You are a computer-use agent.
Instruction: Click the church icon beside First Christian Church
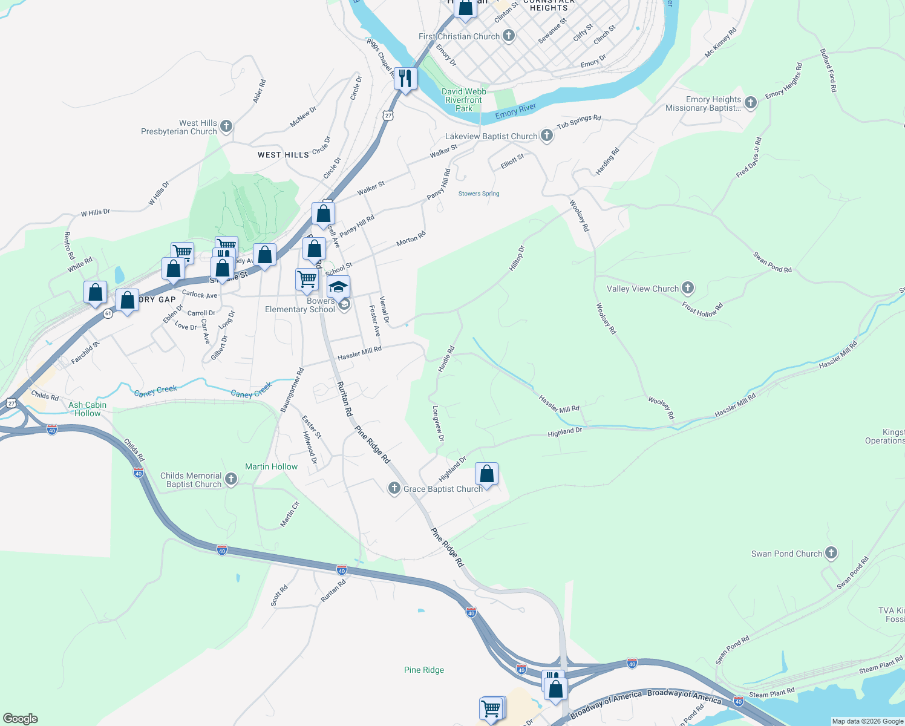coord(509,36)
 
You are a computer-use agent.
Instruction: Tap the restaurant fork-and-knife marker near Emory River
coord(405,79)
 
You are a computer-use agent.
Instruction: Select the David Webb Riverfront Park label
coord(464,100)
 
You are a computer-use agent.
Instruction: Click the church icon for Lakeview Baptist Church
coord(546,136)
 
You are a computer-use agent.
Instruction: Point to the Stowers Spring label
coord(479,194)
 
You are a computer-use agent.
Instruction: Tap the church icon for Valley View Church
coord(687,288)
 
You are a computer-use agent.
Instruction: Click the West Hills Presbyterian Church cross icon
coord(226,126)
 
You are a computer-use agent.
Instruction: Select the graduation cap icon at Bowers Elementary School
coord(338,287)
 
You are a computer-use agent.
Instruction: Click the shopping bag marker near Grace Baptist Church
coord(486,474)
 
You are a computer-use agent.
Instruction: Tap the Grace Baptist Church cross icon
coord(394,488)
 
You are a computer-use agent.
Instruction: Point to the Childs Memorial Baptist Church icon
coord(230,480)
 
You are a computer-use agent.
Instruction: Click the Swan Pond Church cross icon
coord(831,552)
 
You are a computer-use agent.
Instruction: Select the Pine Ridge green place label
coord(424,670)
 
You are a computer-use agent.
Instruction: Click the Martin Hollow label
coord(271,466)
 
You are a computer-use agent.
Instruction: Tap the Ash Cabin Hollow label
coord(87,409)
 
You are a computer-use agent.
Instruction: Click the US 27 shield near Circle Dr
coord(388,115)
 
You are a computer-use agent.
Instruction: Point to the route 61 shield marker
coord(108,313)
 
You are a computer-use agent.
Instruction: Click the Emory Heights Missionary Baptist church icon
coord(750,103)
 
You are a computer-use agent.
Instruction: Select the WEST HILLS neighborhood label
coord(283,155)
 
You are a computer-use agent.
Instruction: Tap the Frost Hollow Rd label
coord(702,309)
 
